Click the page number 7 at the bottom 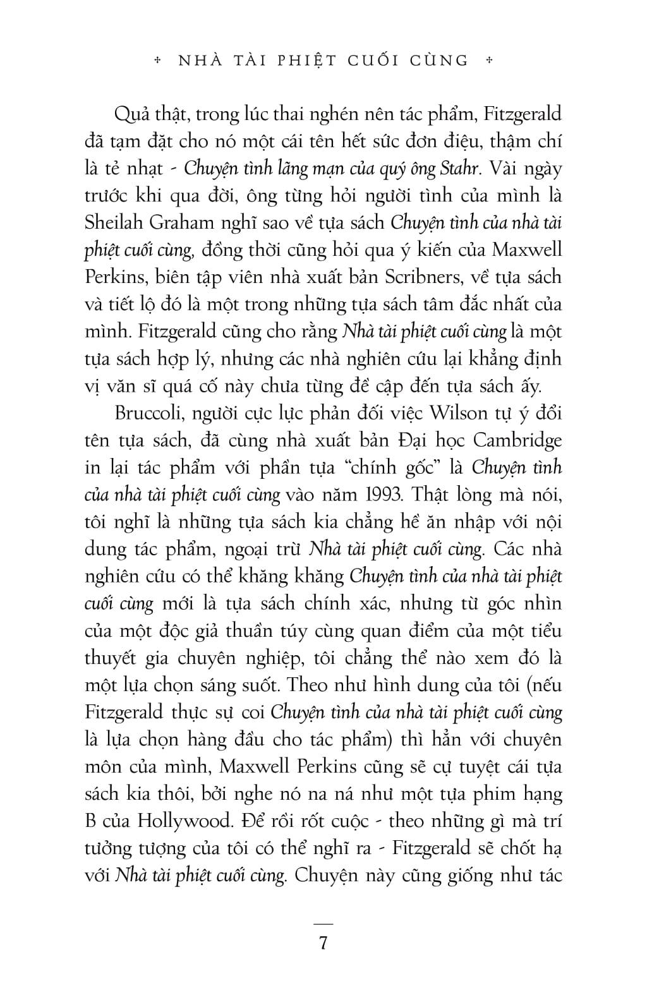coord(323,943)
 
